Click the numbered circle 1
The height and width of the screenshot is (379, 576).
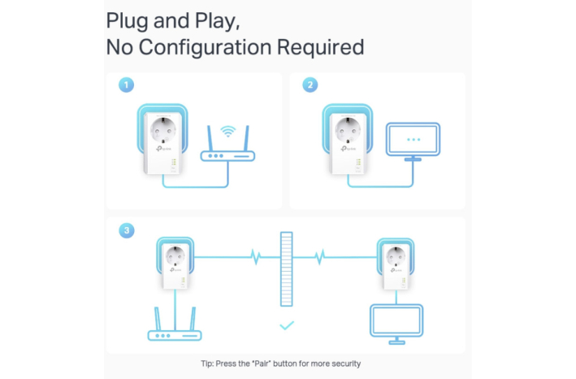126,85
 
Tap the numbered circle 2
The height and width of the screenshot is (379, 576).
310,85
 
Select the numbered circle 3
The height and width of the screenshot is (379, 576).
127,230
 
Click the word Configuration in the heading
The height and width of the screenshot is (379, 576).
206,47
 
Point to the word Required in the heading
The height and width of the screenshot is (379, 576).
320,46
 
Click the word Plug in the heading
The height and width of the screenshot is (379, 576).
128,21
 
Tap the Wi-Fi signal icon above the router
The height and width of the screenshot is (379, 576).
228,131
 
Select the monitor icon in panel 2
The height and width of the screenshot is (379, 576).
413,142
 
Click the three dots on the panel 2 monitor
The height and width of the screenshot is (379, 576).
414,140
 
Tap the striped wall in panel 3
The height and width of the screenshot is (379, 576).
287,269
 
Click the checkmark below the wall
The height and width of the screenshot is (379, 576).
287,325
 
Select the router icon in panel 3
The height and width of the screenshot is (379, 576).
175,325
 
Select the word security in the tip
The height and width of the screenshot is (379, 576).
346,364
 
